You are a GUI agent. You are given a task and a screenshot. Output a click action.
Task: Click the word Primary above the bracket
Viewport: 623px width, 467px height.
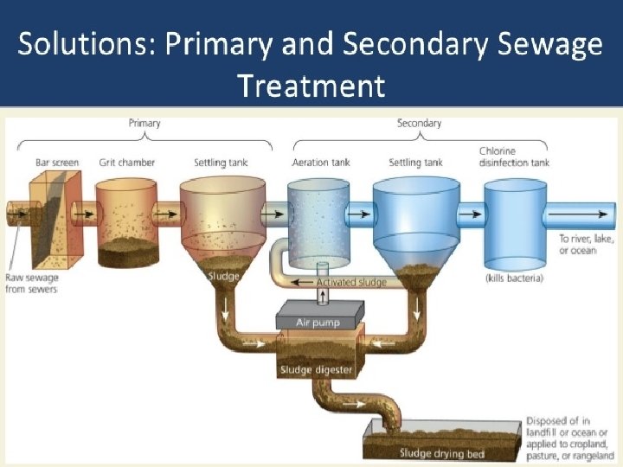tap(145, 123)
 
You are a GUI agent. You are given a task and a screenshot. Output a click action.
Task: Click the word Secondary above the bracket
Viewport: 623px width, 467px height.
tap(419, 123)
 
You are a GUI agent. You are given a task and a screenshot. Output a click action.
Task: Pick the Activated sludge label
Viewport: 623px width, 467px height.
tap(351, 282)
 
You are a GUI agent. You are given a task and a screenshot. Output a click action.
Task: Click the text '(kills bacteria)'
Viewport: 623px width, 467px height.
tap(513, 278)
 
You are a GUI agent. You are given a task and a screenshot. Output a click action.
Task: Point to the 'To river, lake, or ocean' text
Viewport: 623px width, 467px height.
tap(577, 245)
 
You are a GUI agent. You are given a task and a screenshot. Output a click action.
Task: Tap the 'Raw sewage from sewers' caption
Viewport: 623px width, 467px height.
tap(32, 284)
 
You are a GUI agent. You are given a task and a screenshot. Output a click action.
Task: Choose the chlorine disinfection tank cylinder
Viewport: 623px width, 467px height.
tap(515, 223)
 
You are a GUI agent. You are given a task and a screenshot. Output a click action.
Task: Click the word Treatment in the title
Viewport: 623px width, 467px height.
tap(311, 85)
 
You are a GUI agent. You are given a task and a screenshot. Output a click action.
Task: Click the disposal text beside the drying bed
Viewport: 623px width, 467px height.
tap(569, 438)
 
